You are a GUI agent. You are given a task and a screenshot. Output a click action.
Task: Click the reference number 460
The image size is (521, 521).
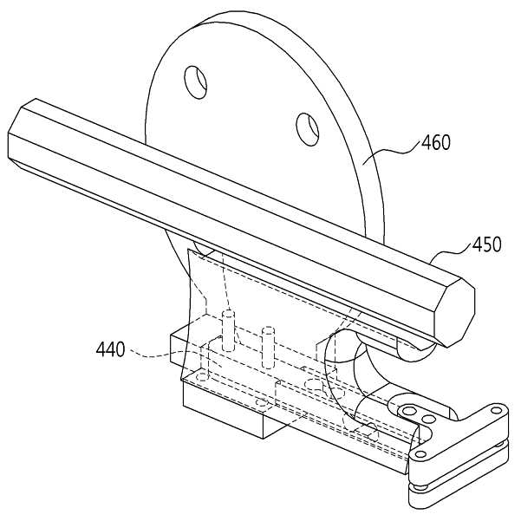pyautogui.click(x=436, y=142)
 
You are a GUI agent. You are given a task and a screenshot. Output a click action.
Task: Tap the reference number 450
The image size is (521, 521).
pyautogui.click(x=487, y=244)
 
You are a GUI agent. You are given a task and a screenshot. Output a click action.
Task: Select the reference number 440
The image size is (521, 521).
pyautogui.click(x=111, y=349)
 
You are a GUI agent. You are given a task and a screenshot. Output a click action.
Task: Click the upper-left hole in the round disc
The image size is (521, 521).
pyautogui.click(x=196, y=82)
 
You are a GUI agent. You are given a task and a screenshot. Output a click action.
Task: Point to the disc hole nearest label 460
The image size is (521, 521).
pyautogui.click(x=308, y=129)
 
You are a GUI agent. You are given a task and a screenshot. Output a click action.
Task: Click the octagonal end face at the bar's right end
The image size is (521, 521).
pyautogui.click(x=454, y=313)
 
